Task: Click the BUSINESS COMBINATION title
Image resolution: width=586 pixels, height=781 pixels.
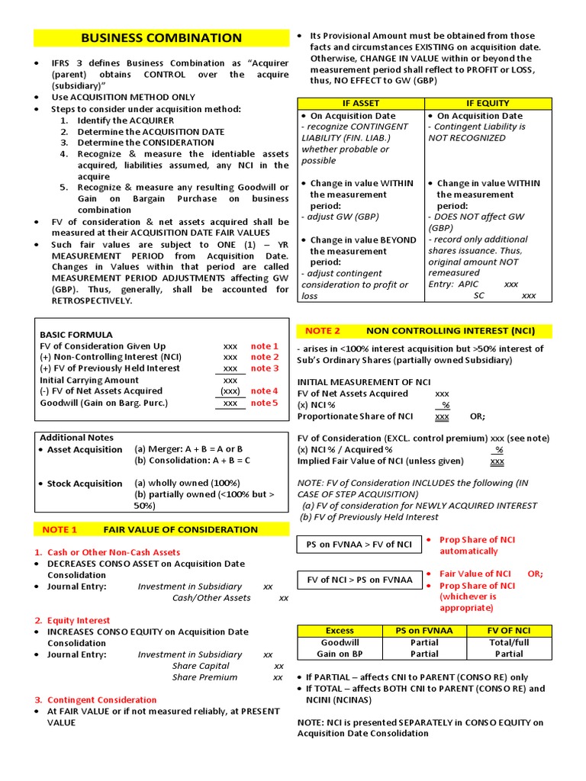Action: coord(161,38)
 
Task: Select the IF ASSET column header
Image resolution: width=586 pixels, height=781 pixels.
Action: coord(361,103)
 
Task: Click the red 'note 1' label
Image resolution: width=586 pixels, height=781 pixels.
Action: coord(265,346)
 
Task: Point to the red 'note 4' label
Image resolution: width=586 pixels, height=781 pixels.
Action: coord(265,391)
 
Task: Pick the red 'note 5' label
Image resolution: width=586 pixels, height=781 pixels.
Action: coord(265,403)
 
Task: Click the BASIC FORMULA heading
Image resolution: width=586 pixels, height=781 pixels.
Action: coord(76,335)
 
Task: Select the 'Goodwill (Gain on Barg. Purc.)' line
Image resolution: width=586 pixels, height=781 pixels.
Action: coord(104,403)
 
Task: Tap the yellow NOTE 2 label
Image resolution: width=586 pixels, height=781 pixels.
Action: coord(322,331)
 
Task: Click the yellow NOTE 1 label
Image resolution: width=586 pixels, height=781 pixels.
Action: coord(60,529)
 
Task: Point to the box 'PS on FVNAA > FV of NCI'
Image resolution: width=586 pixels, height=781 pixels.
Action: coord(359,545)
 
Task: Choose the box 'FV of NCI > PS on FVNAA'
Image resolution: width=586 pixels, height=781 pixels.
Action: coord(359,580)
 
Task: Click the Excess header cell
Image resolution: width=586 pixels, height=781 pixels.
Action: coord(340,631)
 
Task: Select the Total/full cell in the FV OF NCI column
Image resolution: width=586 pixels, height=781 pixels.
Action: coord(509,642)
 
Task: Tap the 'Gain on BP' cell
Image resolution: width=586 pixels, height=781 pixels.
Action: coord(340,654)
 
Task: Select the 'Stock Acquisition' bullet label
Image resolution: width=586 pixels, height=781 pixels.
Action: coord(84,484)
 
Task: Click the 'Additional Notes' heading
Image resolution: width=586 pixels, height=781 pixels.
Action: coord(76,438)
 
